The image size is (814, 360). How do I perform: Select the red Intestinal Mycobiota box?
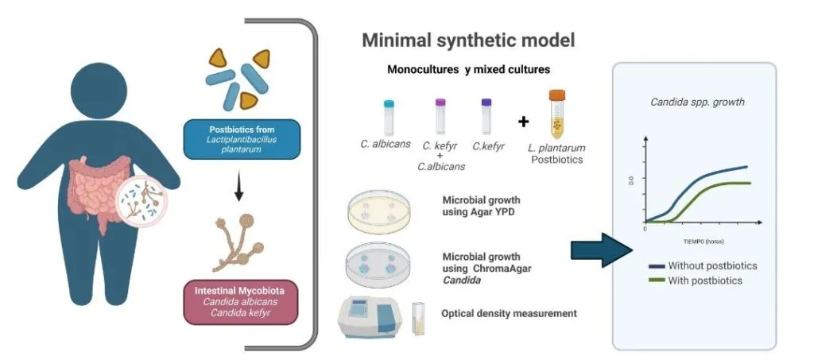point(240,300)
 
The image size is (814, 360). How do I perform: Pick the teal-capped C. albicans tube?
point(389,117)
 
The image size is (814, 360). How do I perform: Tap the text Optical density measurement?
point(509,314)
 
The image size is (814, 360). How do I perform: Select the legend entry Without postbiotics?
point(712,265)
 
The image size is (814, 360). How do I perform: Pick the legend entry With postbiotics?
point(707,281)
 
